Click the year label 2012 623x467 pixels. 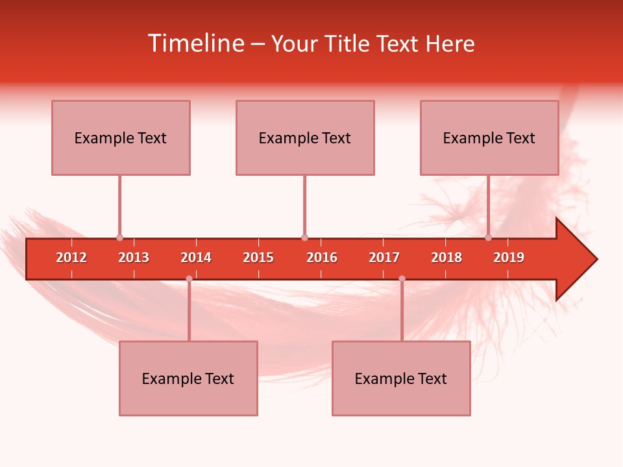71,257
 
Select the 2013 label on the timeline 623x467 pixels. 134,257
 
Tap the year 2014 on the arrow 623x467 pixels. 196,257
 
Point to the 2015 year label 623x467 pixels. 258,257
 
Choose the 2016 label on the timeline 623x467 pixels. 322,257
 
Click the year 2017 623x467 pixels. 384,257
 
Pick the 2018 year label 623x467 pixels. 446,257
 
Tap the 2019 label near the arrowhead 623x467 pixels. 509,257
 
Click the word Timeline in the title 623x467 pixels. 195,43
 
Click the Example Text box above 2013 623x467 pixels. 121,138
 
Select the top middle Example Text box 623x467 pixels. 305,138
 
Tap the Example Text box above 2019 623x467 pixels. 489,138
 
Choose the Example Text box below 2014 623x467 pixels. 188,378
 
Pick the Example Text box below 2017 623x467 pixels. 401,378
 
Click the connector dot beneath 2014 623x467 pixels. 189,278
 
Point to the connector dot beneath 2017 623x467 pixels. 402,278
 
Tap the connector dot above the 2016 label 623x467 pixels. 304,237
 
